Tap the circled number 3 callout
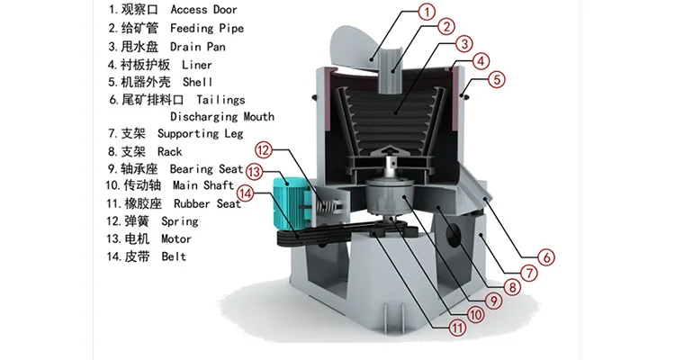464,43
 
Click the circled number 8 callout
512,288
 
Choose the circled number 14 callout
246,192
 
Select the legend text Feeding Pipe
206,29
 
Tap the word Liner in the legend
196,64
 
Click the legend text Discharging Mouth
222,116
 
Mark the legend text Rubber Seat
207,204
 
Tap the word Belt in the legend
174,256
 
